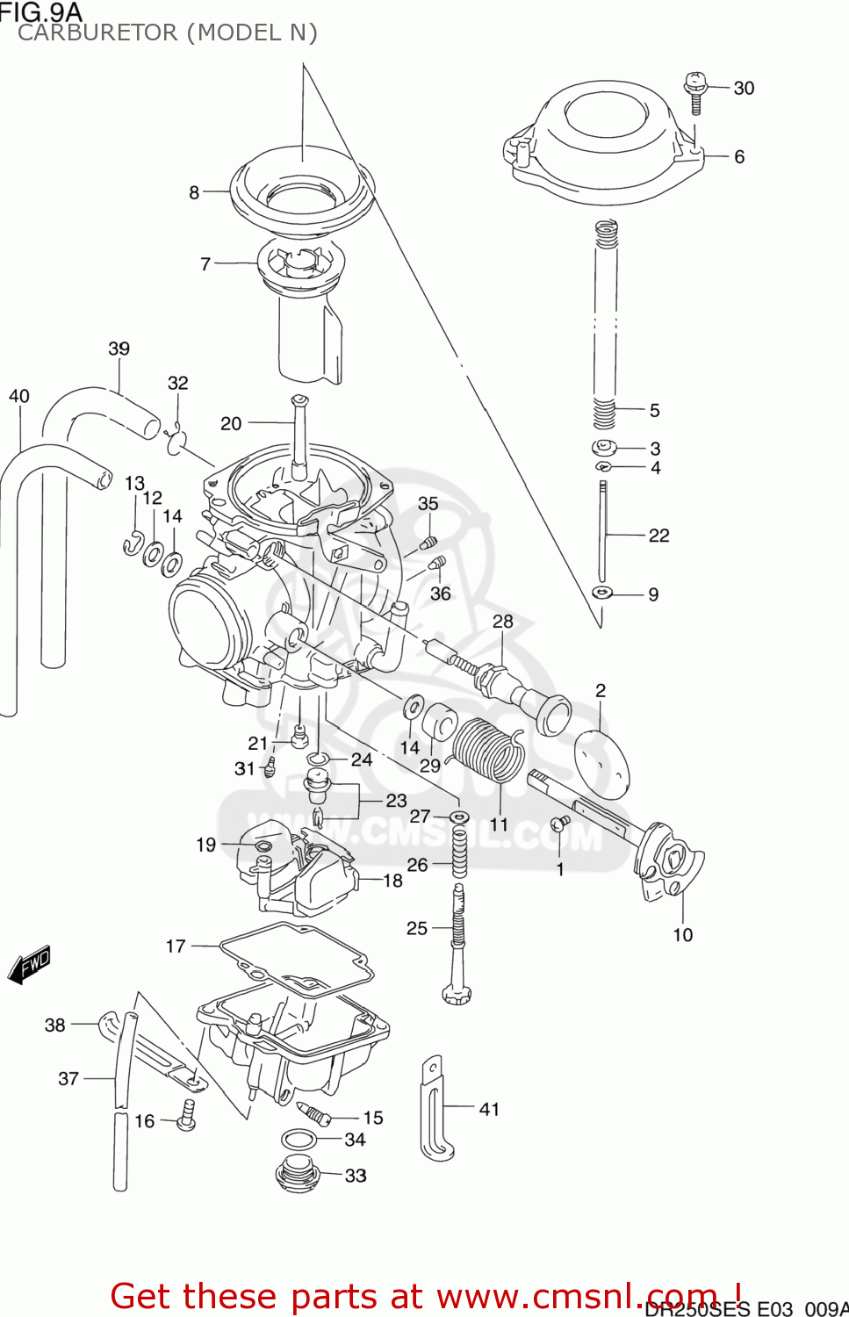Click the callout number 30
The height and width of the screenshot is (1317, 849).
(x=744, y=88)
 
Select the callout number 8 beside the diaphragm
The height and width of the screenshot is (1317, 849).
(x=194, y=192)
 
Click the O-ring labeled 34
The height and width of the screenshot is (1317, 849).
(x=299, y=1140)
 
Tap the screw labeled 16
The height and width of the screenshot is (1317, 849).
(x=186, y=1114)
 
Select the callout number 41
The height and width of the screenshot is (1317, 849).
(x=489, y=1109)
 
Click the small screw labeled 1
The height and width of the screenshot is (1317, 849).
(x=559, y=824)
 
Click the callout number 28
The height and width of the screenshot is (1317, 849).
(x=502, y=622)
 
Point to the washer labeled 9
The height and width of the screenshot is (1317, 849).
(x=601, y=594)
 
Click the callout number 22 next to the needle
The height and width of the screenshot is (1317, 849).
(x=658, y=535)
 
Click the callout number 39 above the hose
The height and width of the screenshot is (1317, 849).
(x=119, y=349)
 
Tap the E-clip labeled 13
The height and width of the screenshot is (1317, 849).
(x=132, y=544)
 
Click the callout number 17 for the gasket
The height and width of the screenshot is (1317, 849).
(x=176, y=946)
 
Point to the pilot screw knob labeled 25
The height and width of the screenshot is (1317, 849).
(x=457, y=994)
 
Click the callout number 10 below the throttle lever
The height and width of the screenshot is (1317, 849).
(x=682, y=935)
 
